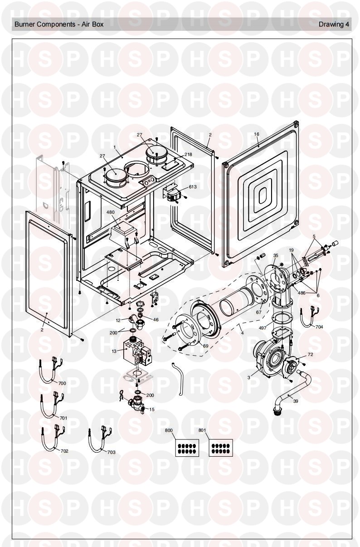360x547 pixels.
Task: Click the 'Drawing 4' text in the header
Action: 334,24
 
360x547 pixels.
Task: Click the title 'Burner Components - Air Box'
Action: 59,24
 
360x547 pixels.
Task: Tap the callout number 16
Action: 257,134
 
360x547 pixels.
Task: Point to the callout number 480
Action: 111,212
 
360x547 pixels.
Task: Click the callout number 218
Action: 188,155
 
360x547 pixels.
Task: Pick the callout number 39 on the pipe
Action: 295,401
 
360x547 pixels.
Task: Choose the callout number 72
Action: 310,354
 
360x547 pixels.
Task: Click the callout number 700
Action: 62,383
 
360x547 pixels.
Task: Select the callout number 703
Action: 111,452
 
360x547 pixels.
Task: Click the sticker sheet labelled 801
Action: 221,448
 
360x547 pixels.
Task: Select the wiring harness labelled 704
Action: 308,317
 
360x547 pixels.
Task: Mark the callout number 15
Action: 152,409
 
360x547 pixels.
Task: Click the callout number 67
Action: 259,313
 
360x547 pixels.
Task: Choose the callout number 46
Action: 156,320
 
